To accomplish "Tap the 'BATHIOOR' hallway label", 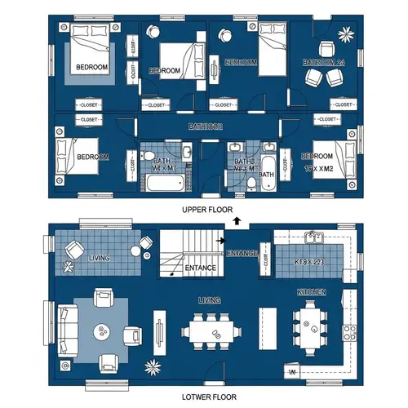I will [x=205, y=126].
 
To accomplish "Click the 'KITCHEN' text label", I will [x=312, y=292].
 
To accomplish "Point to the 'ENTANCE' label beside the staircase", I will [x=200, y=268].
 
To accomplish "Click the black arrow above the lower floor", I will [x=237, y=220].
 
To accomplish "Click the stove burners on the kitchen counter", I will [x=349, y=331].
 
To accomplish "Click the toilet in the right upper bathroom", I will [x=251, y=186].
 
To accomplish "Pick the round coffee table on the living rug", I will [x=103, y=331].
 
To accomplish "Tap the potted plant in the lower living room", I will [x=150, y=366].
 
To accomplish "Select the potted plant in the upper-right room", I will [x=348, y=33].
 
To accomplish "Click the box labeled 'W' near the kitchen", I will [x=291, y=373].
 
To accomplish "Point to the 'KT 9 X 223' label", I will [x=309, y=263].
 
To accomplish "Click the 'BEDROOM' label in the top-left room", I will [x=92, y=67].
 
